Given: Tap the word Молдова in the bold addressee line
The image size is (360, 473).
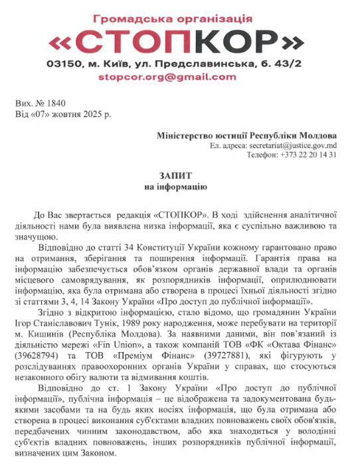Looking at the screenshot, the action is pyautogui.click(x=317, y=136).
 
